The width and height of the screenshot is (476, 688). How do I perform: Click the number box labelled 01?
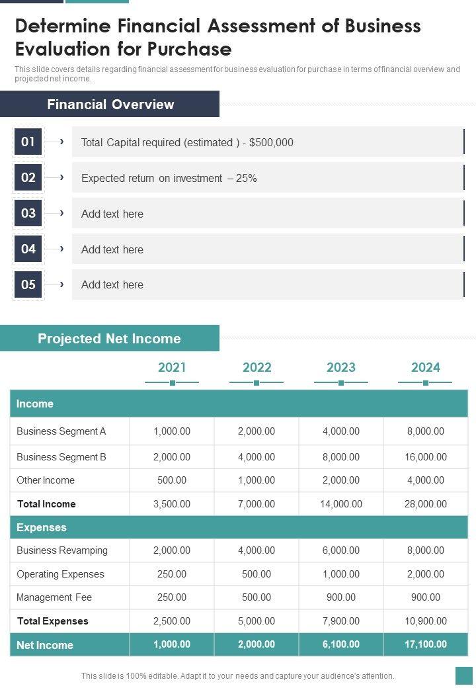(x=28, y=142)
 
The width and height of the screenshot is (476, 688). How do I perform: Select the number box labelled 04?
(x=28, y=249)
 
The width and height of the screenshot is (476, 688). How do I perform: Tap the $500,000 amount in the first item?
(x=271, y=142)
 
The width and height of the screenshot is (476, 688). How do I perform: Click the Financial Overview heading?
(x=110, y=105)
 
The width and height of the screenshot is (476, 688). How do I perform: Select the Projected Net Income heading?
(x=109, y=339)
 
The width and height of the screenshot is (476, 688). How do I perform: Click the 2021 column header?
(x=172, y=367)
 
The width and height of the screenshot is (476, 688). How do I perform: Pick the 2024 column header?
(x=425, y=367)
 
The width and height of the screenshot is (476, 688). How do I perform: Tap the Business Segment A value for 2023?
(x=341, y=431)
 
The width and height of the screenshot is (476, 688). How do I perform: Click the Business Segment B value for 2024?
(x=425, y=457)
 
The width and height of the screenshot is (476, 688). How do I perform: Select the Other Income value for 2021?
(x=172, y=480)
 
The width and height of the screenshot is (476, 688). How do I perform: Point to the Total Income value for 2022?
(x=257, y=504)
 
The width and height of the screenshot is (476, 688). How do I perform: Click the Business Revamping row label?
(x=62, y=550)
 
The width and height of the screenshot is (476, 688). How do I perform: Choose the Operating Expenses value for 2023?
(x=341, y=574)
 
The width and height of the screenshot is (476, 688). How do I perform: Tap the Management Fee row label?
(x=54, y=597)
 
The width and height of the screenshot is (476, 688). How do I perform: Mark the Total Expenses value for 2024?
(x=425, y=621)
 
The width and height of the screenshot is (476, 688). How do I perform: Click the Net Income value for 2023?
(x=341, y=644)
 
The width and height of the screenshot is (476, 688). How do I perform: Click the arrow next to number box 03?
(x=61, y=213)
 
